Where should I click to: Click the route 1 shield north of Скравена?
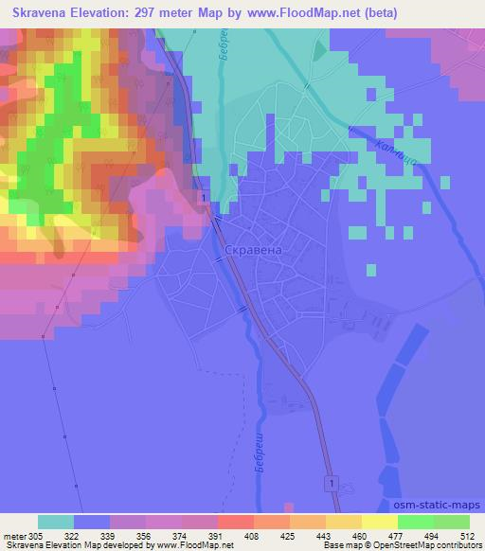(x=205, y=195)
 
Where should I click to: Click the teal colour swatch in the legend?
(x=55, y=522)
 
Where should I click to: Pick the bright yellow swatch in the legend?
(x=380, y=522)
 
